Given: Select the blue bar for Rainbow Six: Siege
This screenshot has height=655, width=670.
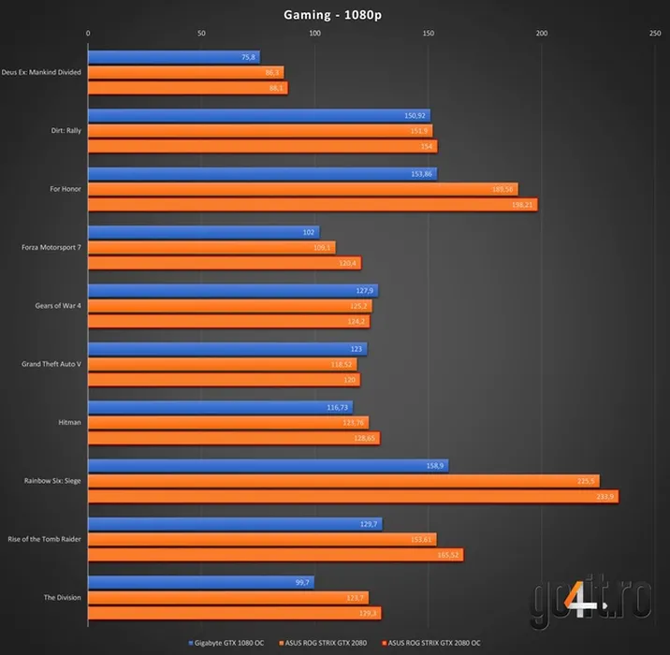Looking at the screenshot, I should pos(268,465).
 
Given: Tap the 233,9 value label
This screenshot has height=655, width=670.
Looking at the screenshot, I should pos(604,496).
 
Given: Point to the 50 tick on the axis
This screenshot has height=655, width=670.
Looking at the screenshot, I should pos(201,34).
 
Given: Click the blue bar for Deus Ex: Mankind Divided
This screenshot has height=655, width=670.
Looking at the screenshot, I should pos(173,56).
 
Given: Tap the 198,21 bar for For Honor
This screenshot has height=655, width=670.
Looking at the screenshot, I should pos(313,204).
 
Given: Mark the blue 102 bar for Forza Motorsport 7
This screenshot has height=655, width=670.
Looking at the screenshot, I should pos(203,232).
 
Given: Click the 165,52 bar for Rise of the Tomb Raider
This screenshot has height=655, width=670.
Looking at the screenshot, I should pos(275,555).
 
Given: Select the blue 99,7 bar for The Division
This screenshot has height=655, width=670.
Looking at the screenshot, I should pos(200,582).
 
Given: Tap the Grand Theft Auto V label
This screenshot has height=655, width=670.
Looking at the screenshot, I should pos(51,364).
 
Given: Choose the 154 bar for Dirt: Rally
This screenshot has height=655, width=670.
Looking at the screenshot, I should pos(262,146).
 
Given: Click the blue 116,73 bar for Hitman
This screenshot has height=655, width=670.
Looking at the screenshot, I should pos(220,407).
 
